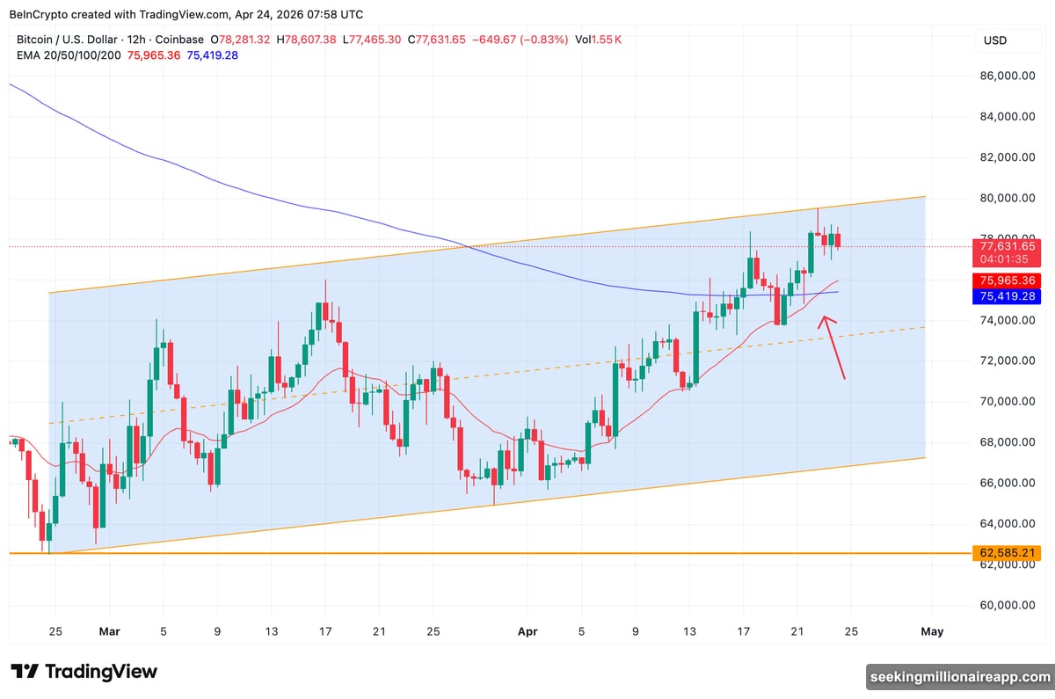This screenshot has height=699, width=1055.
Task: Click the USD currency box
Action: (x=995, y=40)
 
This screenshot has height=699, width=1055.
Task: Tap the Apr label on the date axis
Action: (x=527, y=631)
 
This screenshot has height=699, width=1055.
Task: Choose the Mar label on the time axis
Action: (x=109, y=631)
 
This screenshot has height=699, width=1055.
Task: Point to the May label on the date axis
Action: (x=932, y=631)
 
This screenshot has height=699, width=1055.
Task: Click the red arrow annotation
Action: (x=833, y=348)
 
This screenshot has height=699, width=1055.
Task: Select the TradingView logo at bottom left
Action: (x=84, y=672)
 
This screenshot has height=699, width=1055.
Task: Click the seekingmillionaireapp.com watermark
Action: (x=959, y=676)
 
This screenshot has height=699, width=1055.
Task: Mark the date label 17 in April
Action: (x=744, y=631)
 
